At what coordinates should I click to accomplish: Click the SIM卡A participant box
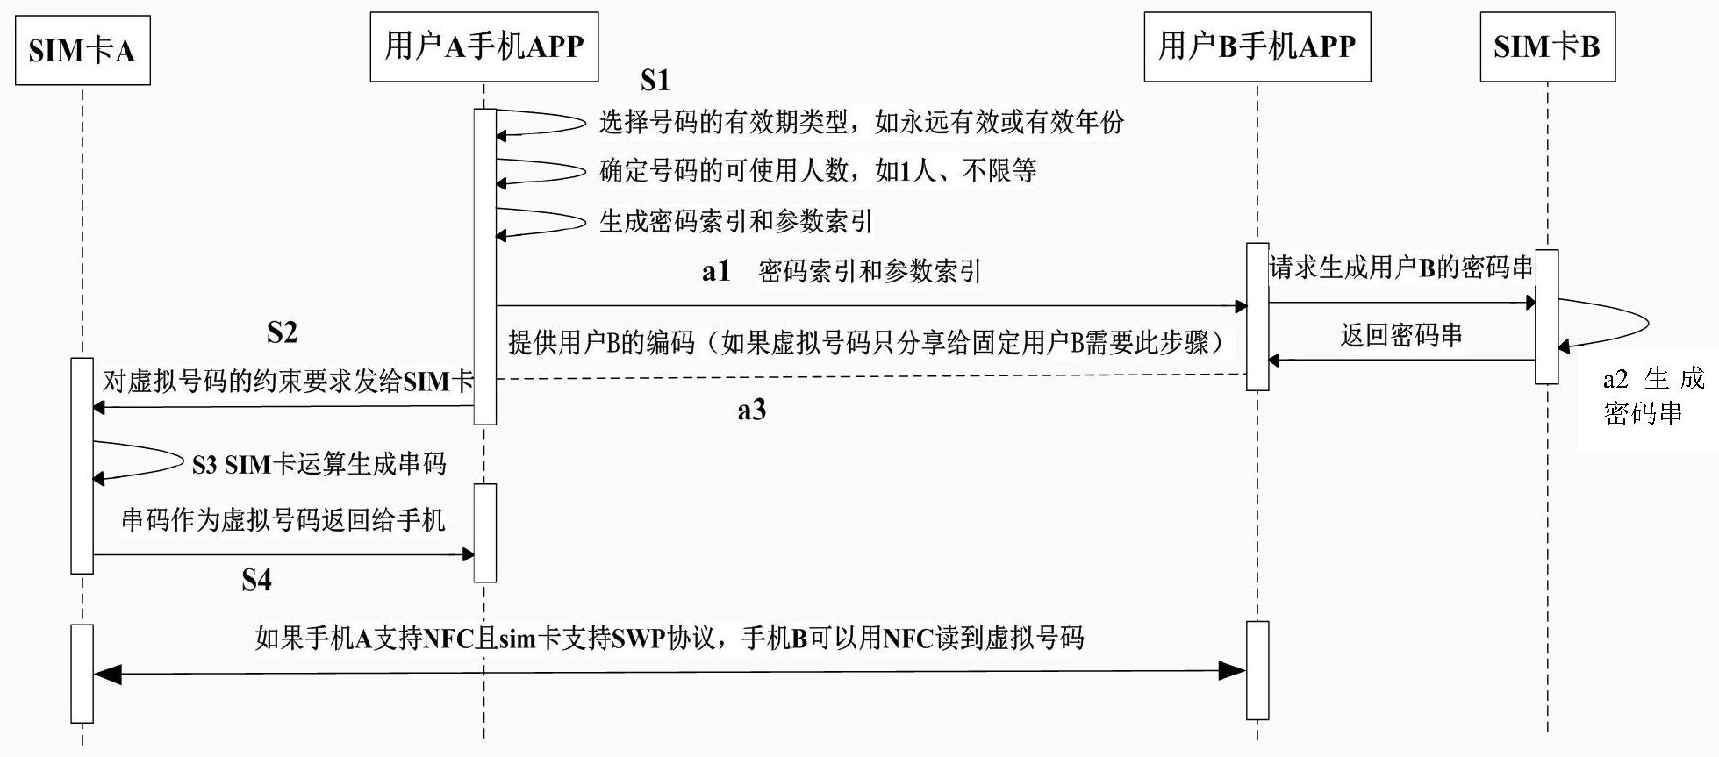[82, 50]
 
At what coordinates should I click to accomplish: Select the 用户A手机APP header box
[484, 47]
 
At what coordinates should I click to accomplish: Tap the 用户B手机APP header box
[1257, 47]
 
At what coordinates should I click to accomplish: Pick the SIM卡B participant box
[1547, 47]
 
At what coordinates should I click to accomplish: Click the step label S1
[655, 81]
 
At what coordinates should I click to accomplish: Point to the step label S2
[282, 332]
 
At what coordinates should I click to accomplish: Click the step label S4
[256, 580]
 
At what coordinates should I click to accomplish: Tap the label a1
[716, 271]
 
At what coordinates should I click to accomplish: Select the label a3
[751, 410]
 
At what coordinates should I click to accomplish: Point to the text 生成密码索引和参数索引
[735, 221]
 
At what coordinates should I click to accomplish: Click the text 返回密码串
[1401, 334]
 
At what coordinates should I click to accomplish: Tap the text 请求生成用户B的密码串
[1401, 268]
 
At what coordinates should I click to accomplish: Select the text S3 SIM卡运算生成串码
[319, 464]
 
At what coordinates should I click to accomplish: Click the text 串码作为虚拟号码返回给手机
[283, 520]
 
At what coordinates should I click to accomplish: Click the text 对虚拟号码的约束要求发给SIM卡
[288, 382]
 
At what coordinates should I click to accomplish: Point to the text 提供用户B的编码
[601, 342]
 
